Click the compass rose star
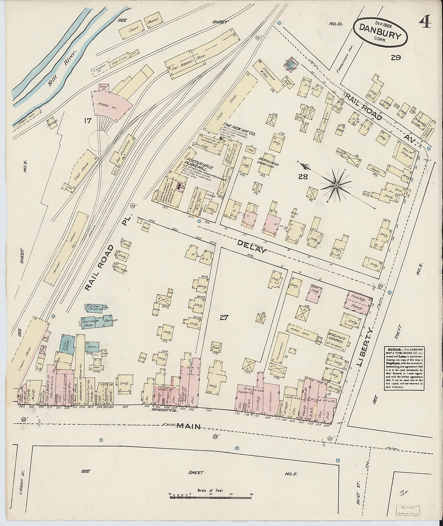coord(336,185)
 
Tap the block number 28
coord(303,177)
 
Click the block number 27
coord(224,318)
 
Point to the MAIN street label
coord(189,426)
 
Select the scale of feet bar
coord(211,497)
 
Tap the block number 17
coord(88,121)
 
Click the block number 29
coord(395,58)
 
